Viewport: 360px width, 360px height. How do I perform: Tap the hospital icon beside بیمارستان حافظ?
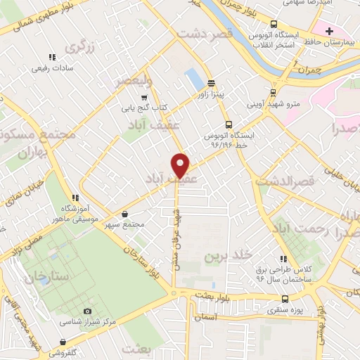[328, 32]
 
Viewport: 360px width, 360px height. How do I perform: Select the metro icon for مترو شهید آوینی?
[273, 92]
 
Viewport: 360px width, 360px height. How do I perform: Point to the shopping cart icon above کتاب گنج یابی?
[144, 98]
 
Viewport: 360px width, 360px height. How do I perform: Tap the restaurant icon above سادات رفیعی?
[51, 58]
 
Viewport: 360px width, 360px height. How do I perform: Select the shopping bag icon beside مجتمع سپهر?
[124, 214]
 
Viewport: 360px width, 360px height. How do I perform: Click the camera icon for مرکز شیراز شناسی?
[87, 311]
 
